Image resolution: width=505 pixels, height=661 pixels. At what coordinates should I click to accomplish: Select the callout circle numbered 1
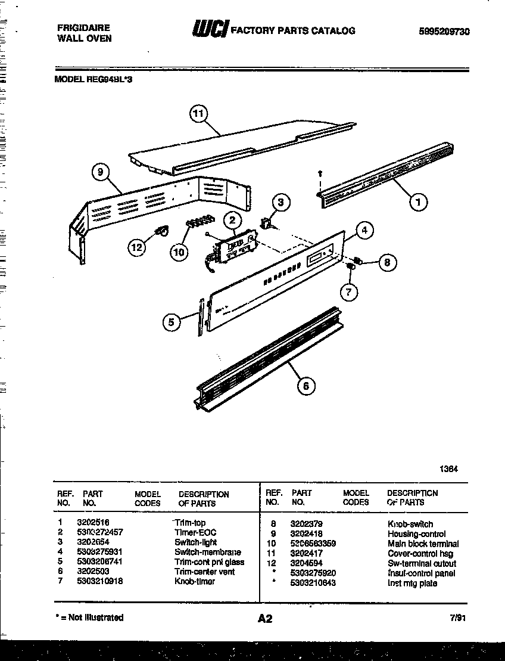(x=418, y=202)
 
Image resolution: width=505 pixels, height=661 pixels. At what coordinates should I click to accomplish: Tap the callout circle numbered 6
(x=306, y=386)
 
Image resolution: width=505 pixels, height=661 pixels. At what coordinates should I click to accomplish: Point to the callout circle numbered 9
(x=101, y=172)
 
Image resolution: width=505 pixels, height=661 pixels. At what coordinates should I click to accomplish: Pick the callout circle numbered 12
(x=138, y=247)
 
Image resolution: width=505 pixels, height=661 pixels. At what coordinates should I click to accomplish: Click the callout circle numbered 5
(x=172, y=322)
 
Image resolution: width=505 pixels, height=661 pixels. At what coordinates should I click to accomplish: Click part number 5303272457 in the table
(x=99, y=532)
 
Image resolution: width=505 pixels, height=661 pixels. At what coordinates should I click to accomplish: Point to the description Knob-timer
(x=195, y=581)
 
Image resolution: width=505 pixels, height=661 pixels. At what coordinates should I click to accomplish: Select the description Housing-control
(x=416, y=533)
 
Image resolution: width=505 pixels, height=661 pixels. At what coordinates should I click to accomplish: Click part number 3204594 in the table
(x=306, y=563)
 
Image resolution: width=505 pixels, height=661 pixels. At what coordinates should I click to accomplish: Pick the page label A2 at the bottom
(x=265, y=619)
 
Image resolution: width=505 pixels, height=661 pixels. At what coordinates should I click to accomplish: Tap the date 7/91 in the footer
(x=457, y=618)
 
